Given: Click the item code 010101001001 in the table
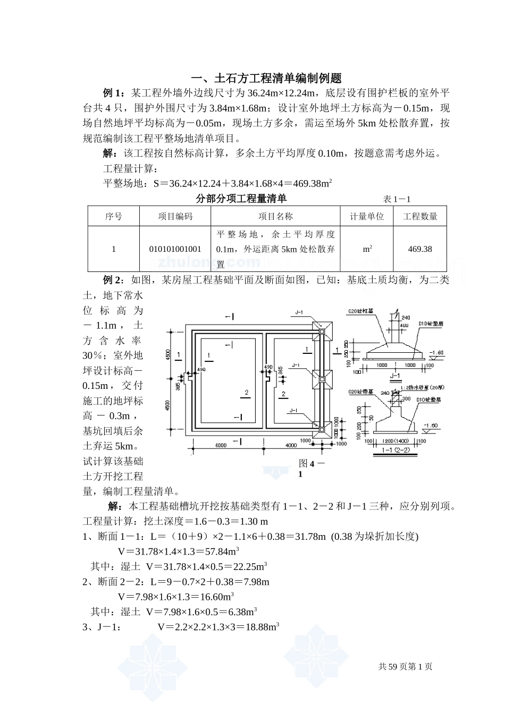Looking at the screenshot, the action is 175,249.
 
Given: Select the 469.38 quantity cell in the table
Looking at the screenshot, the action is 420,249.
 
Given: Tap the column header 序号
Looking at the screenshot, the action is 113,217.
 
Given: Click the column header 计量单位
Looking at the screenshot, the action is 367,217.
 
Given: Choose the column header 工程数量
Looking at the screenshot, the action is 420,217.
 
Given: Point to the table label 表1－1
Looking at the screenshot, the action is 397,199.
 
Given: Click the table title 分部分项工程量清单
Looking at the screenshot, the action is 241,199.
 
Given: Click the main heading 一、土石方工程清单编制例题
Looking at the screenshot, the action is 266,78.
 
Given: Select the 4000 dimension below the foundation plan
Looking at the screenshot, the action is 290,445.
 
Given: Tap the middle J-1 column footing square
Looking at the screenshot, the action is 321,379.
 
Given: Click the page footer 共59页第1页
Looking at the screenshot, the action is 405,667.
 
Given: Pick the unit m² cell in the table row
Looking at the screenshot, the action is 367,249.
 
